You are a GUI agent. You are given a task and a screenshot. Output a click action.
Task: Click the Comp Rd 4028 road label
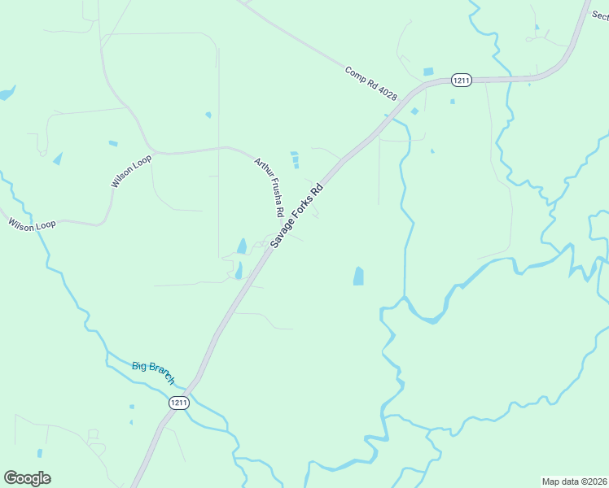tap(371, 84)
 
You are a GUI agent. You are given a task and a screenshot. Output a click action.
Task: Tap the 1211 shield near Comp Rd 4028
tap(462, 80)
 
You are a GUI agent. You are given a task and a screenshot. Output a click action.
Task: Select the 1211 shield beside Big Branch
tap(179, 403)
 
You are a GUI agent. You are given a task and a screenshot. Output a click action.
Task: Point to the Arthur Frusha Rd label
tap(269, 186)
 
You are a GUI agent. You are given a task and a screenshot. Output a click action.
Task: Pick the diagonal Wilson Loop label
tap(131, 171)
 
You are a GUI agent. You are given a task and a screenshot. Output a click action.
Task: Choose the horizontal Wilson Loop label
tap(33, 224)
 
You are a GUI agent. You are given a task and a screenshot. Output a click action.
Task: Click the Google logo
tap(27, 478)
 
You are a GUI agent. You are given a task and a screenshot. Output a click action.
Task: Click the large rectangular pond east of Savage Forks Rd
tap(358, 276)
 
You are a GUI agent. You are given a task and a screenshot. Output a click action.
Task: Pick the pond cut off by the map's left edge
tap(7, 93)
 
